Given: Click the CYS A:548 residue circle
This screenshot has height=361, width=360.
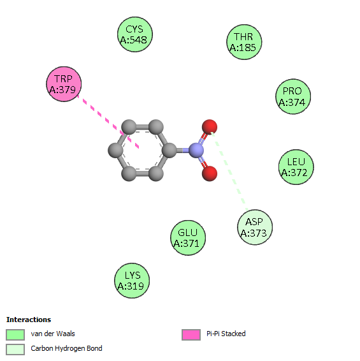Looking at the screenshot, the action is [x=135, y=34].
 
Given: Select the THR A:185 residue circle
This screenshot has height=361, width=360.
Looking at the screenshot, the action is [x=244, y=42].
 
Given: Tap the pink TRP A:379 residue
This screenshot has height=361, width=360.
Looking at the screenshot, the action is [x=64, y=84].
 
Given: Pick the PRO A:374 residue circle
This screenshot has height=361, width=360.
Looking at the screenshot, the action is [x=293, y=96].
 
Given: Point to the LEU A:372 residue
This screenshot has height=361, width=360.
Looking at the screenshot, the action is [x=296, y=167].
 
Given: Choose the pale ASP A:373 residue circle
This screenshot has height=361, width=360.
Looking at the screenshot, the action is [x=255, y=227].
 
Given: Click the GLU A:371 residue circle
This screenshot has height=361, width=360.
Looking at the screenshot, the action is [x=188, y=238].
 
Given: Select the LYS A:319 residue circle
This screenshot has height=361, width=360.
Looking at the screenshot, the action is [x=132, y=281].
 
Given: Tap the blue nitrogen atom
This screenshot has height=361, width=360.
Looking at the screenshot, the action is [x=196, y=151].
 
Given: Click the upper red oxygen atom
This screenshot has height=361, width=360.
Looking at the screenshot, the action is [x=210, y=127].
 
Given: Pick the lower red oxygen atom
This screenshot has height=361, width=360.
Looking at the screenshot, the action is [x=210, y=173].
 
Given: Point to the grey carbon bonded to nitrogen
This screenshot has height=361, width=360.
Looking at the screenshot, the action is [x=169, y=151].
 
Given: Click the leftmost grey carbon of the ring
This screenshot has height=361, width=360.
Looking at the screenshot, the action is [x=115, y=151].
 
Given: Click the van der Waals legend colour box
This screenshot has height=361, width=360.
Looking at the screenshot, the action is [x=15, y=334].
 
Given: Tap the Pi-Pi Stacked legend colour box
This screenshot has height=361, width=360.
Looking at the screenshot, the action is [x=191, y=334].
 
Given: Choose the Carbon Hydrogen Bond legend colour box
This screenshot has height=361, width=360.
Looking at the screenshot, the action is [x=15, y=350].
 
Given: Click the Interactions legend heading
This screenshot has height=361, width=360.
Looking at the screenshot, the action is [x=29, y=320].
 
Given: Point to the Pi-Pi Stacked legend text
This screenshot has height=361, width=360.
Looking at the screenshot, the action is [x=226, y=334].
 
